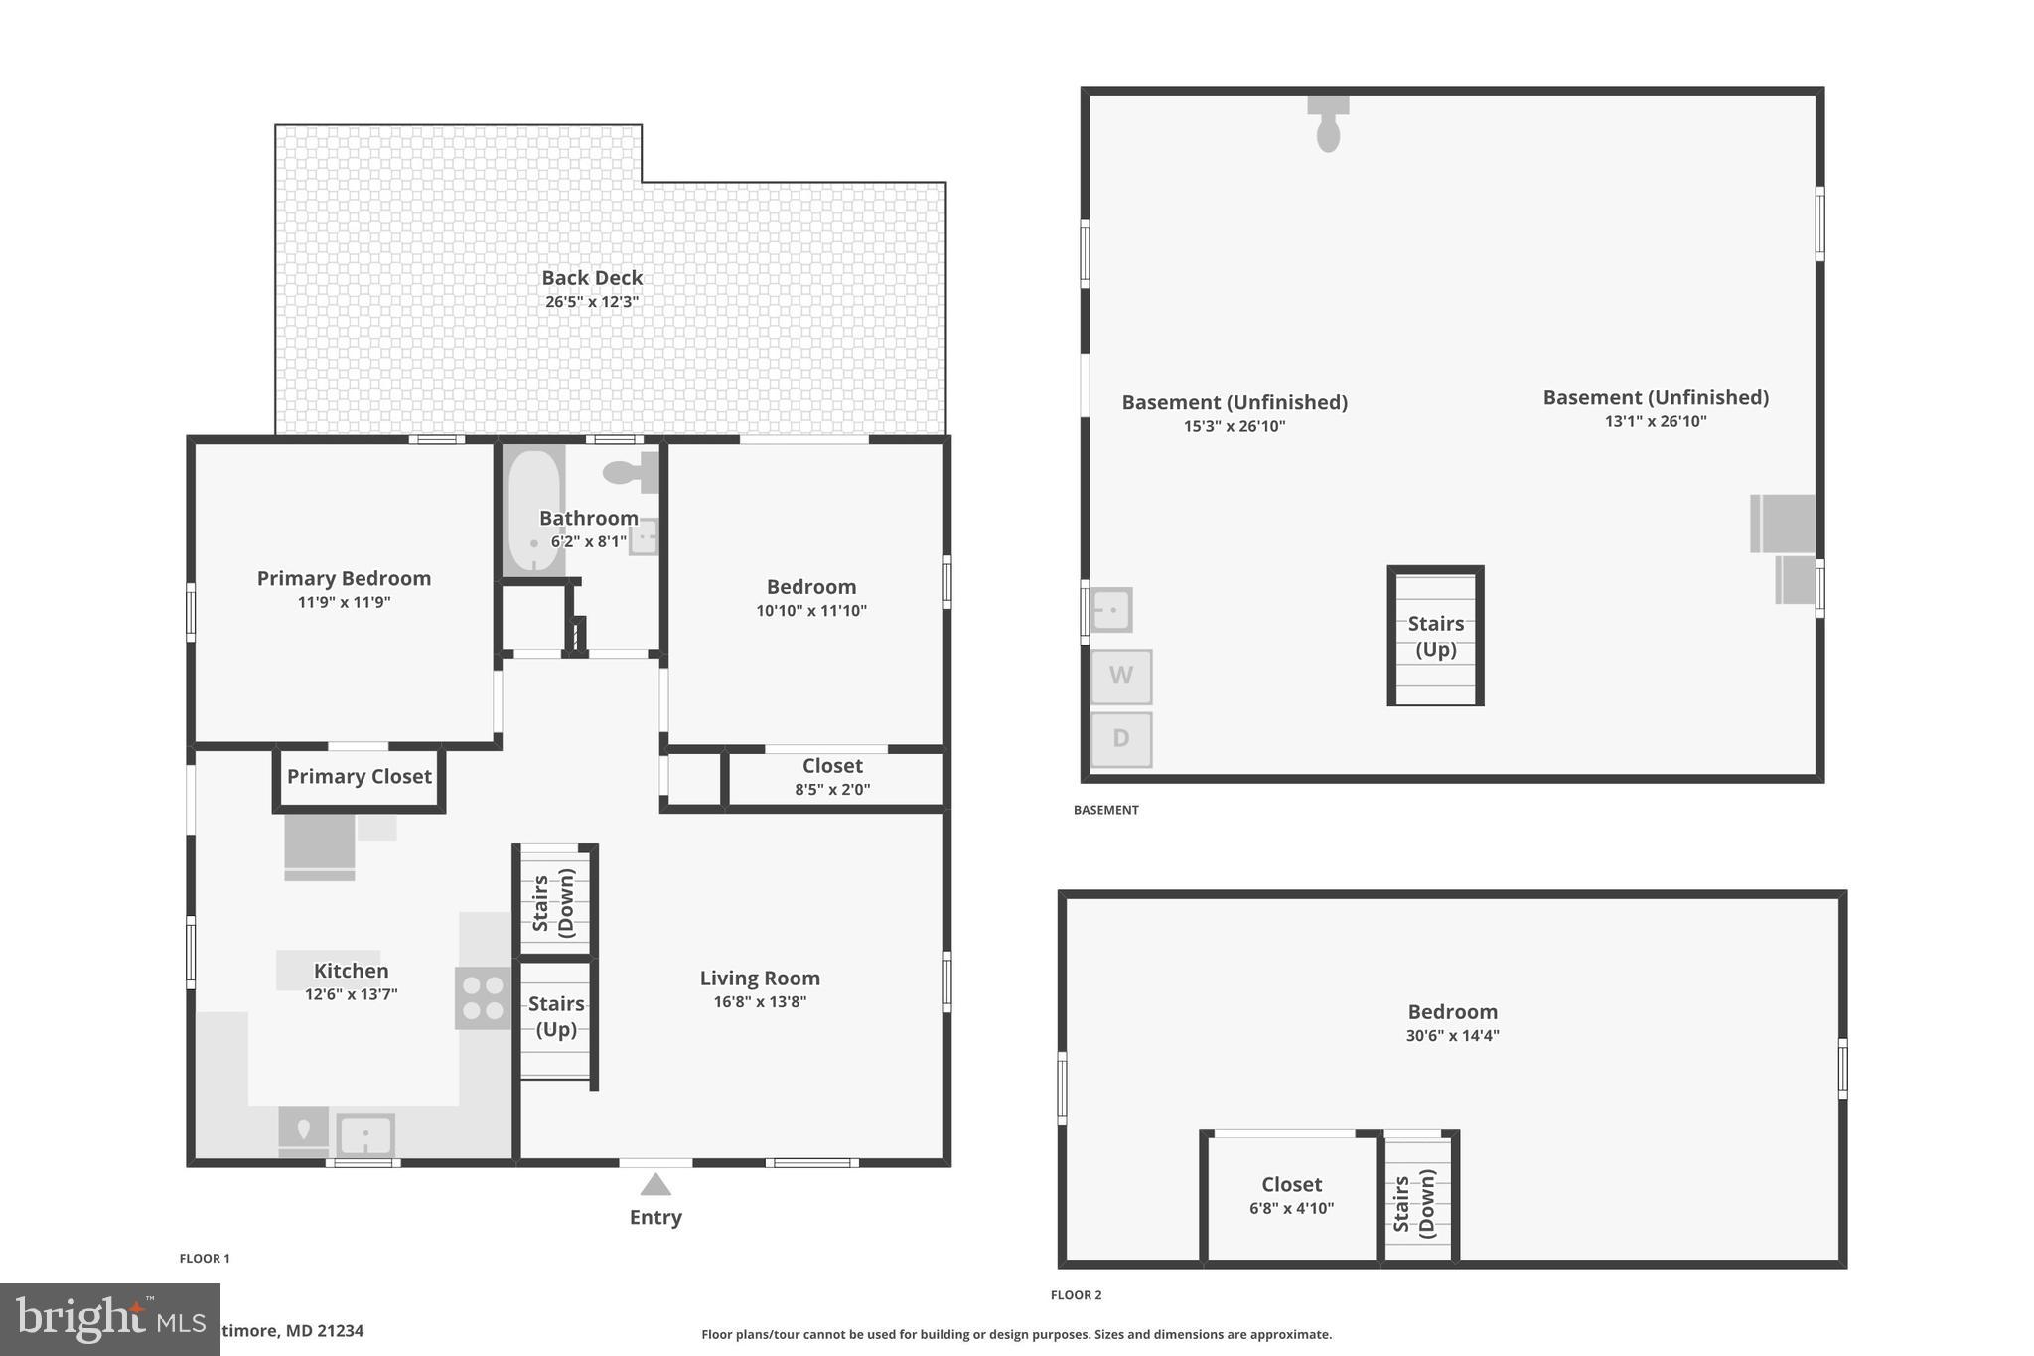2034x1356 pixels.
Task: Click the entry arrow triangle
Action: pyautogui.click(x=654, y=1184)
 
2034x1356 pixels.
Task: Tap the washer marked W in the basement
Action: pyautogui.click(x=1121, y=677)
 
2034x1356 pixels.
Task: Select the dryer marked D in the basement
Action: pyautogui.click(x=1121, y=739)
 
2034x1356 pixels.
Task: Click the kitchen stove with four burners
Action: pyautogui.click(x=483, y=998)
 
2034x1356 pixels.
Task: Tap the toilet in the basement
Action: pyautogui.click(x=1328, y=125)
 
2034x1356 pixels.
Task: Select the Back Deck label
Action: pyautogui.click(x=592, y=278)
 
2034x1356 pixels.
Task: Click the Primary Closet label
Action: pyautogui.click(x=360, y=777)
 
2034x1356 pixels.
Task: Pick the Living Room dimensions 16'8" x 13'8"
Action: pyautogui.click(x=760, y=1002)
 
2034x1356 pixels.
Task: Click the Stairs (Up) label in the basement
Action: pyautogui.click(x=1436, y=636)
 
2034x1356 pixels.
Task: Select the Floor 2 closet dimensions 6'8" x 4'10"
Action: pyautogui.click(x=1291, y=1209)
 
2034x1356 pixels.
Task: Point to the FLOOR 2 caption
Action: pyautogui.click(x=1077, y=1295)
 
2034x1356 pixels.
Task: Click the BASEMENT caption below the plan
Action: pyautogui.click(x=1105, y=810)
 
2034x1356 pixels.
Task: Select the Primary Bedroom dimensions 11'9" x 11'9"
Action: pyautogui.click(x=344, y=602)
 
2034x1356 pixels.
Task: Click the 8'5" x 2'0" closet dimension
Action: pyautogui.click(x=832, y=790)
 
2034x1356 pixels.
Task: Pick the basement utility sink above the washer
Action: pyautogui.click(x=1111, y=609)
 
